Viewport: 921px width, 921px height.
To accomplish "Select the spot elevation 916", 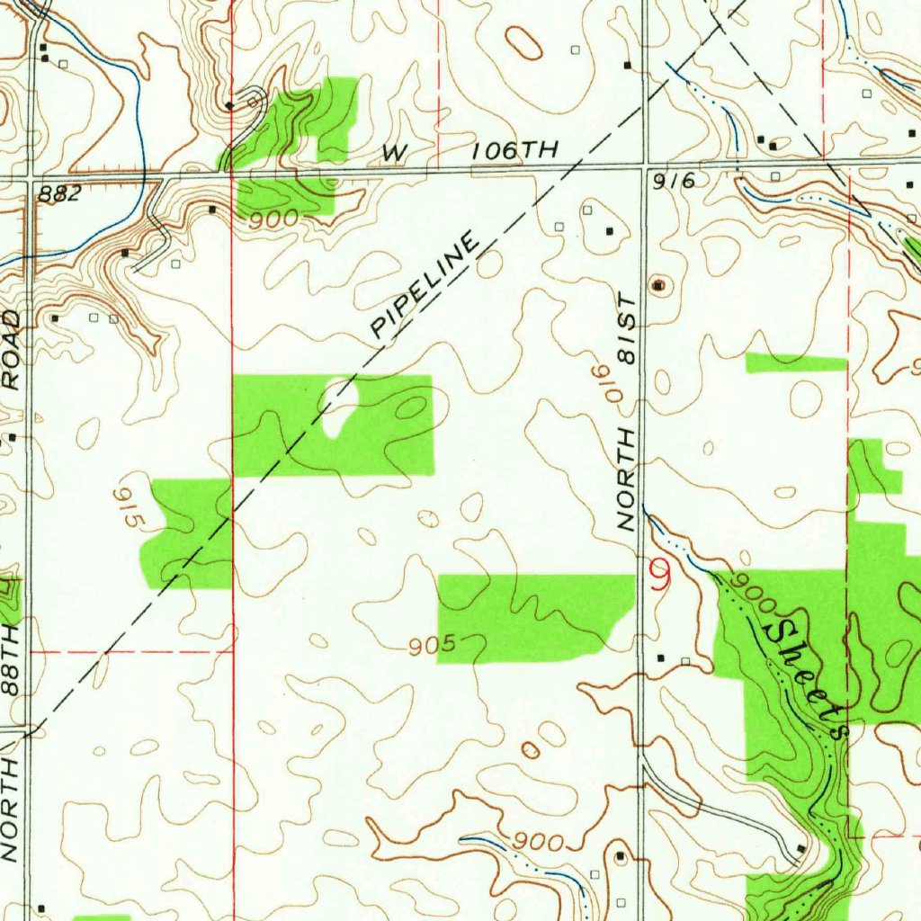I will (x=675, y=181).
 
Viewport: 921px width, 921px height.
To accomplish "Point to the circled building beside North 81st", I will (x=659, y=286).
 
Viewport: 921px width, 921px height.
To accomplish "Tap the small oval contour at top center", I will (x=523, y=42).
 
